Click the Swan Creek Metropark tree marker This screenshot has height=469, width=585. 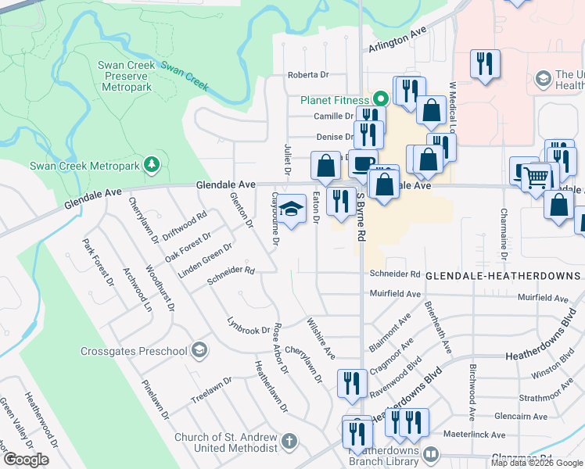click(152, 164)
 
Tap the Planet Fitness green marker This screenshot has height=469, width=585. click(380, 99)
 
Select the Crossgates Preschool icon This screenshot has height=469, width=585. click(199, 350)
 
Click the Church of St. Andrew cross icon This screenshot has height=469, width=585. click(289, 442)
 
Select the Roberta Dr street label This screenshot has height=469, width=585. click(307, 75)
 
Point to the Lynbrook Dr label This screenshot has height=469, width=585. click(248, 327)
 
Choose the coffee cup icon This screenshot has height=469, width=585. click(362, 164)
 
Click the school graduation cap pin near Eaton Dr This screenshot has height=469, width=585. click(292, 209)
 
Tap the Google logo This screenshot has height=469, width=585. click(25, 460)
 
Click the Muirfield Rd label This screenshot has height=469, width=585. click(395, 295)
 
